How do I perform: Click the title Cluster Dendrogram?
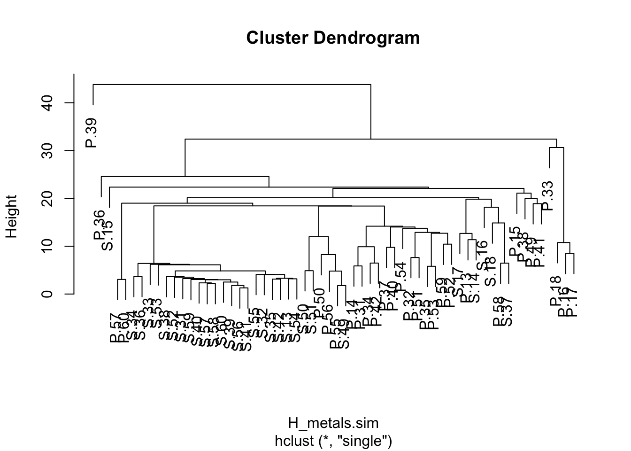(333, 38)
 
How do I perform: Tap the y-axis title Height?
(11, 217)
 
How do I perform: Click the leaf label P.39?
(91, 133)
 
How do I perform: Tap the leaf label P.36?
(99, 225)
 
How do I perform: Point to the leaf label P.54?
(400, 278)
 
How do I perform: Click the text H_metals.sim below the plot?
(333, 423)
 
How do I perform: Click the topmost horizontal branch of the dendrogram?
(232, 85)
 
